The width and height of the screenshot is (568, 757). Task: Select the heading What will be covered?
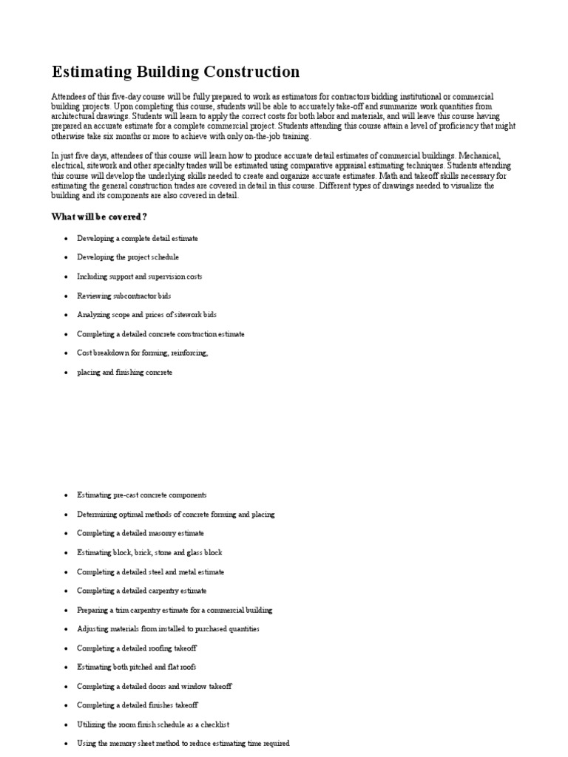click(98, 216)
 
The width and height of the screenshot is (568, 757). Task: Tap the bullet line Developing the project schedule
click(128, 257)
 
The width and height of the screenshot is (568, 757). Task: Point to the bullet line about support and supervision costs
click(139, 276)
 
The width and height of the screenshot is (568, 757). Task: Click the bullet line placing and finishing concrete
click(124, 373)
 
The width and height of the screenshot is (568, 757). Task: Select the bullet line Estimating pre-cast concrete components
click(142, 495)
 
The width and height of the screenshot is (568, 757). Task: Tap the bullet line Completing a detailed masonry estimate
click(141, 533)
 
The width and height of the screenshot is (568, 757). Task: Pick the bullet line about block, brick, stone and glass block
click(149, 552)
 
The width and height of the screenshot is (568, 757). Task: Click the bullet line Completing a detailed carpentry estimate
click(142, 591)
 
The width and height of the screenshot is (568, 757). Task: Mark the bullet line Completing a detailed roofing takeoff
click(137, 648)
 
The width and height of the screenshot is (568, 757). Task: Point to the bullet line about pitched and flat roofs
click(137, 667)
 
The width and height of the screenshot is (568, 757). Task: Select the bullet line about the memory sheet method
click(183, 743)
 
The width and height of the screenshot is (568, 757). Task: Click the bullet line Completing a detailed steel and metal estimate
click(150, 571)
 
